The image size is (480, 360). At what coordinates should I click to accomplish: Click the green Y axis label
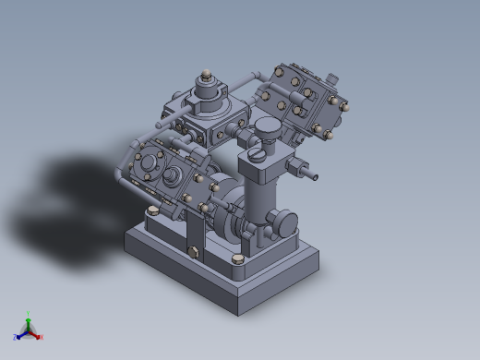[29, 314]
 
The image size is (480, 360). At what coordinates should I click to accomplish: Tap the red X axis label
[41, 337]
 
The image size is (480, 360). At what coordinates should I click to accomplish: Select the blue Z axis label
[16, 337]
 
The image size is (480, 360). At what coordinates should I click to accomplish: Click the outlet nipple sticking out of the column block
[305, 171]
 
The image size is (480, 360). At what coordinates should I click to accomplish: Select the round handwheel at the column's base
[283, 223]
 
